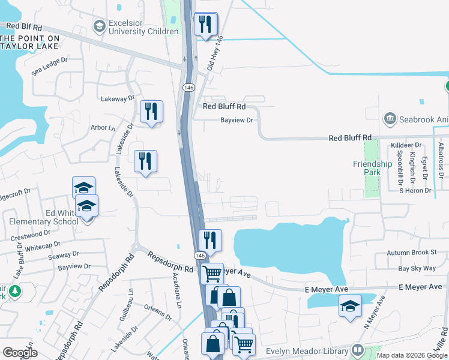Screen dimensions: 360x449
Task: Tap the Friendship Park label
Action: point(372,168)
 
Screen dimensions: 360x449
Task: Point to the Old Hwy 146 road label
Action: point(214,53)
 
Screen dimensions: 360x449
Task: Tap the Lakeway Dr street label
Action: point(118,98)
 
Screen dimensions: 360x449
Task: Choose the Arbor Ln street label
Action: point(103,128)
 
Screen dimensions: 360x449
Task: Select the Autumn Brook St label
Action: point(411,253)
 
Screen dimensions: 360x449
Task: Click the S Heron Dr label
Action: point(416,190)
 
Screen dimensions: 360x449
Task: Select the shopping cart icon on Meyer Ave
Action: point(211,274)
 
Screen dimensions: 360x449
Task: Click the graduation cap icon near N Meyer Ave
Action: point(350,306)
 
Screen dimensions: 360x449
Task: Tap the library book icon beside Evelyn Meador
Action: point(358,349)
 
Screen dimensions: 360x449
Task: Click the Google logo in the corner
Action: point(20,352)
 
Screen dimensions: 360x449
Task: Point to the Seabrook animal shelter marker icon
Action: point(391,119)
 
